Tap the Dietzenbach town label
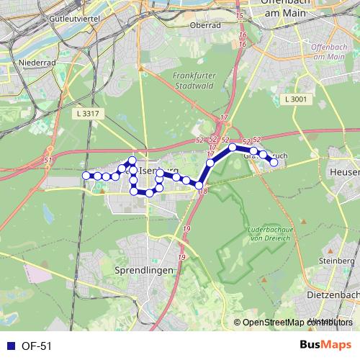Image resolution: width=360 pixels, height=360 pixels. point(332,294)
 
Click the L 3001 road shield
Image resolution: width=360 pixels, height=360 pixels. point(296,99)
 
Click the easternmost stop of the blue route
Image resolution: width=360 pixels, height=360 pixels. point(274,163)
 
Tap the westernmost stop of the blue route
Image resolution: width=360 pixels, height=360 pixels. point(86,176)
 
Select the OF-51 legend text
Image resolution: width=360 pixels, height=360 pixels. point(37,346)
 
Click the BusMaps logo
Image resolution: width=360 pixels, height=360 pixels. point(325,346)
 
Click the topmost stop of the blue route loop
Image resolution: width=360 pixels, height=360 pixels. point(132,160)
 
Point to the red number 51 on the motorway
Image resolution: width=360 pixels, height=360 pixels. point(48,160)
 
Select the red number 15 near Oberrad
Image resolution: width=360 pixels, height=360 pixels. point(240,15)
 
